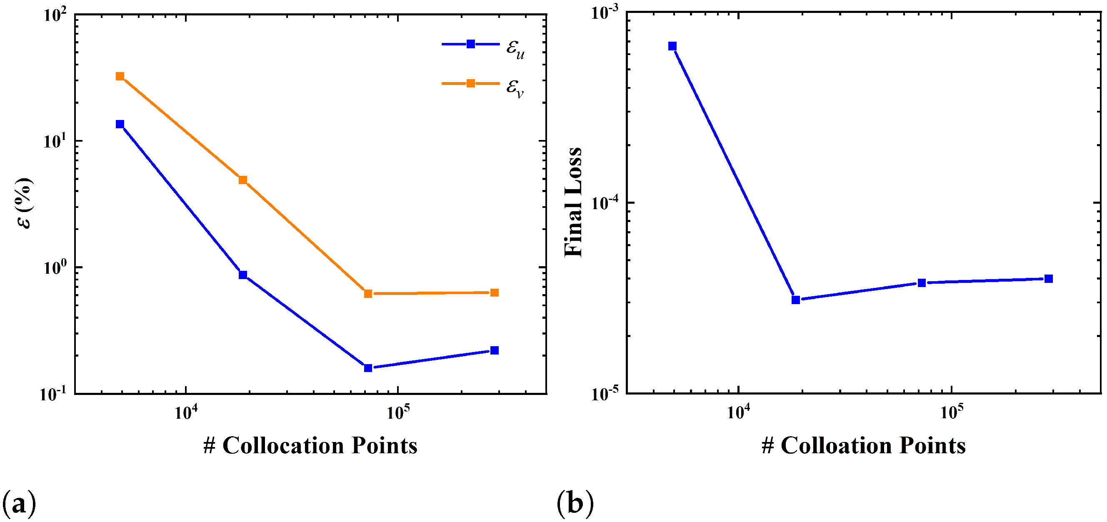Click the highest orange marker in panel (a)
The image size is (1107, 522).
(120, 77)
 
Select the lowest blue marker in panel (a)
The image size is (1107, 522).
(368, 368)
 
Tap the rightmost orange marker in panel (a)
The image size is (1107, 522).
(494, 292)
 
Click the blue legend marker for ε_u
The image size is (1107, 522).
(470, 44)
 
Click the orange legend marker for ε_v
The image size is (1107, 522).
(470, 83)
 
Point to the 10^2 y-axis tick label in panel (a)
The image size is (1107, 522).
(55, 16)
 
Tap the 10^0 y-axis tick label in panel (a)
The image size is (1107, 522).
(55, 268)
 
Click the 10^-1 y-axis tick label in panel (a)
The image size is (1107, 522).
(53, 394)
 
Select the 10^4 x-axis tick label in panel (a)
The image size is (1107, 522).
(186, 412)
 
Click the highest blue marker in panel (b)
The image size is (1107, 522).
(672, 46)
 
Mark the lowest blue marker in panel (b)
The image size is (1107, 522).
(795, 300)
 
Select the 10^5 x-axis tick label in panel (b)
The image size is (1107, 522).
(952, 412)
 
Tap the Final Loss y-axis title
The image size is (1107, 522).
(573, 202)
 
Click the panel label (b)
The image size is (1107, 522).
(575, 503)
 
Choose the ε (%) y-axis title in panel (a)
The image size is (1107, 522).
(25, 203)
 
